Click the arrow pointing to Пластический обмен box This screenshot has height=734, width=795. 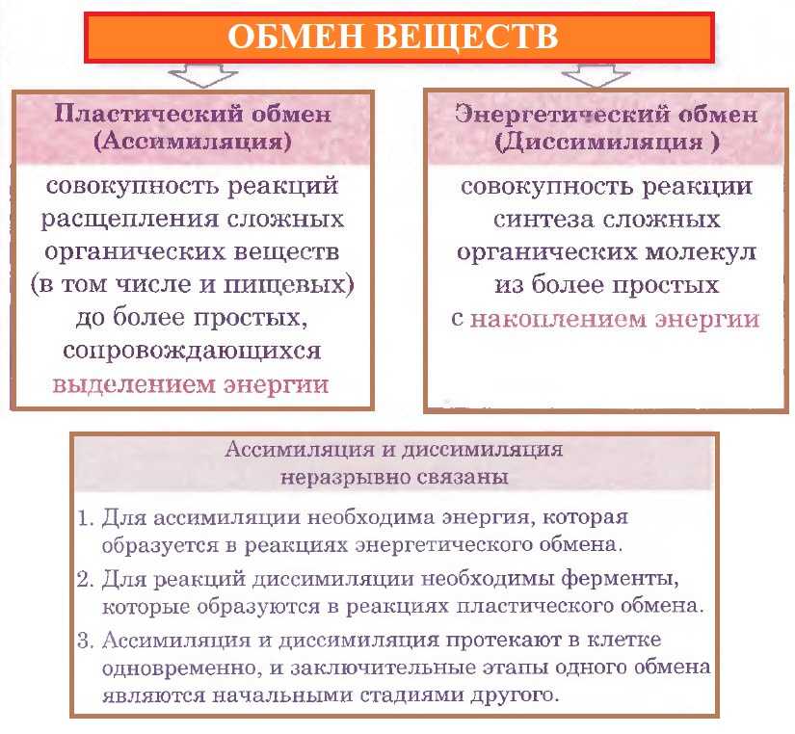tap(202, 75)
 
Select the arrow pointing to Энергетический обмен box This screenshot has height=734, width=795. tap(596, 75)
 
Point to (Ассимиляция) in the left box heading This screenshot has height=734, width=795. tap(193, 141)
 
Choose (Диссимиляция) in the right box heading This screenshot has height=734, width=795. tap(607, 142)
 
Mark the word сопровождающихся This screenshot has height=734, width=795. tap(192, 351)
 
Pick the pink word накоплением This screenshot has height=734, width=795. tap(558, 320)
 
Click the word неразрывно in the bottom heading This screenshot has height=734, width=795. tap(344, 478)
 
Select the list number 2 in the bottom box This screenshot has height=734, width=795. tap(85, 579)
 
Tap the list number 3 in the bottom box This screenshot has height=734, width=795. tap(85, 641)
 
